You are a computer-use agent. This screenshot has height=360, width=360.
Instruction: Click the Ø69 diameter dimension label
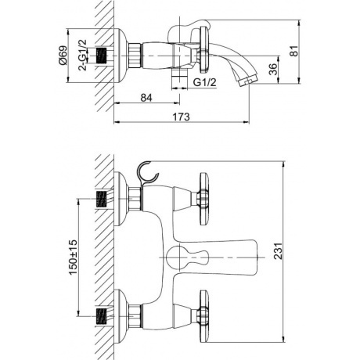tap(63, 55)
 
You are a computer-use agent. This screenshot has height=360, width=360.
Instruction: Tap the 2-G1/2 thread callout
tap(83, 55)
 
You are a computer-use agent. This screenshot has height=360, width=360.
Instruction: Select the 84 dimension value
tap(146, 98)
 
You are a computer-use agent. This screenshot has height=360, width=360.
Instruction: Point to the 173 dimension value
tap(181, 117)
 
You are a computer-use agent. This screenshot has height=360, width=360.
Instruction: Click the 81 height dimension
tap(294, 51)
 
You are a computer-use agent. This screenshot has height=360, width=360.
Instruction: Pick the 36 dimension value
tap(273, 69)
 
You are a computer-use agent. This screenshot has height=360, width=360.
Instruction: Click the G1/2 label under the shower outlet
tap(205, 82)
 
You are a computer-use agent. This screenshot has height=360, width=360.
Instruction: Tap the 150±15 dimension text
tap(74, 257)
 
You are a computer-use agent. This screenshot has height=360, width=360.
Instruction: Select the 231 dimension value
tap(278, 251)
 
